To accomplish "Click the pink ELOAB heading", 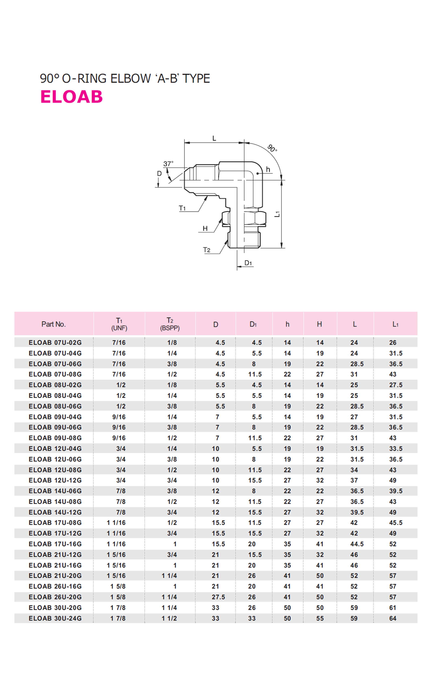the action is (71, 97).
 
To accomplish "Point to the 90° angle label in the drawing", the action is (272, 148).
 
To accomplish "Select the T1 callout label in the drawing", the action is (182, 208).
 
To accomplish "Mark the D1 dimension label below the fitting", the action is (248, 263).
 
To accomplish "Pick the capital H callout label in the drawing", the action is (205, 228).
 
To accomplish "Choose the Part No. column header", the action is (54, 324).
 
